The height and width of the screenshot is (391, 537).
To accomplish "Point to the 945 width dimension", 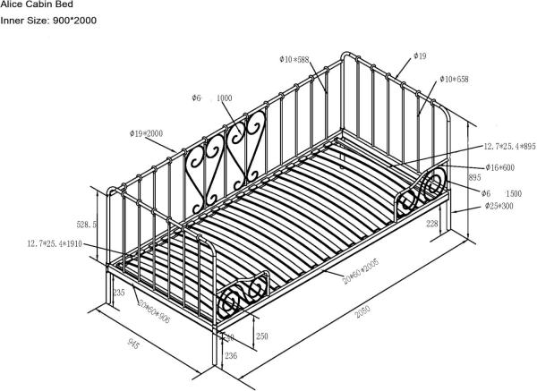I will point(133,343).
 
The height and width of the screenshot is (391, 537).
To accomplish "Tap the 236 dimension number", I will point(228,357).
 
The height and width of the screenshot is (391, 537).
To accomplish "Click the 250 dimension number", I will point(261,336).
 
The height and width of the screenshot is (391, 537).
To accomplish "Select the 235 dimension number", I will point(119,292).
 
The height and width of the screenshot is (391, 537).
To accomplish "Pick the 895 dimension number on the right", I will point(474,177).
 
